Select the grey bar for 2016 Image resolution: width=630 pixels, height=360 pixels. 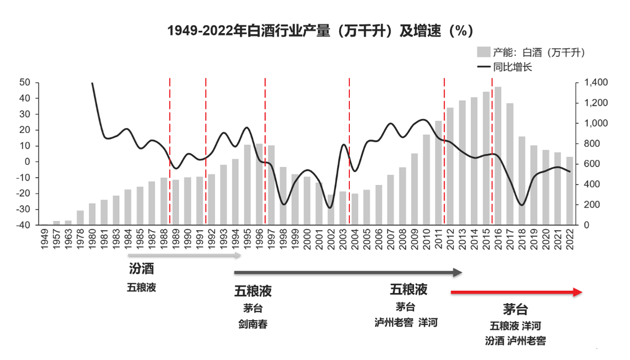click(498, 156)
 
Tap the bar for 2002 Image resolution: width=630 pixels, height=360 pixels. click(332, 209)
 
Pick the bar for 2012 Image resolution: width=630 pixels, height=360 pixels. click(449, 166)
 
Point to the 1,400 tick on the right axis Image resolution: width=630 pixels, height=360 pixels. click(596, 83)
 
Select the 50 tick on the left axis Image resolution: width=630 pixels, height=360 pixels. click(24, 83)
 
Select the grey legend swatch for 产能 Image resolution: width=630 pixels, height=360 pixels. click(483, 52)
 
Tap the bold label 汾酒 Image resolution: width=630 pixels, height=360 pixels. click(141, 269)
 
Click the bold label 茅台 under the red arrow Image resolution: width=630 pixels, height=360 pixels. click(515, 310)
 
